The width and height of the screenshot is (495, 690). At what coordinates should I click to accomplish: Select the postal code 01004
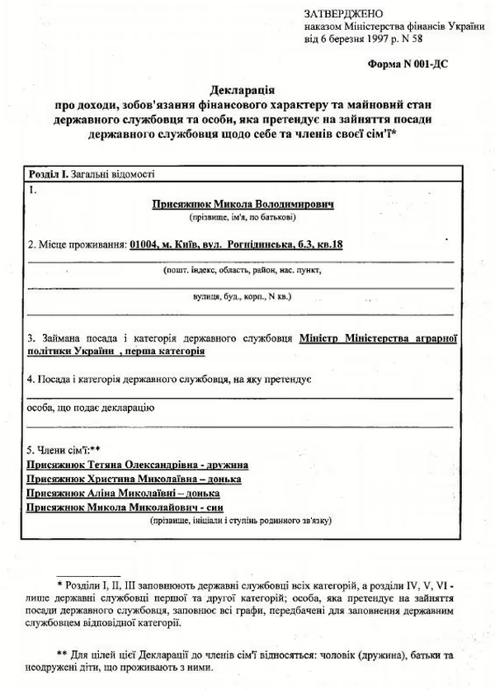144,245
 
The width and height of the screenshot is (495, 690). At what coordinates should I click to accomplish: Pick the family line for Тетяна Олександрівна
139,466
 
